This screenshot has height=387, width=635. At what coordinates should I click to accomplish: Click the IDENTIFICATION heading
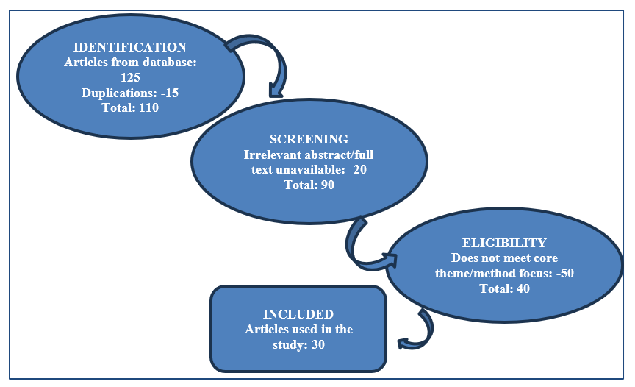[x=130, y=47]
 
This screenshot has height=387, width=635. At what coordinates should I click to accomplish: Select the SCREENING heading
[x=309, y=139]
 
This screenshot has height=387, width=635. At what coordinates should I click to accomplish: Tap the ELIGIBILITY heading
[x=504, y=243]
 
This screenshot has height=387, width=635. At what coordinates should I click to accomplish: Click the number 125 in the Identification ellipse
[x=130, y=77]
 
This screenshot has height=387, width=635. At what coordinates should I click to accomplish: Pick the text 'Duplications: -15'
[x=130, y=93]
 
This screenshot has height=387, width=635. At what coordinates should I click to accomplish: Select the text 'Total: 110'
[x=130, y=107]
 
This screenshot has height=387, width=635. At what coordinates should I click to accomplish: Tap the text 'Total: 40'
[x=504, y=288]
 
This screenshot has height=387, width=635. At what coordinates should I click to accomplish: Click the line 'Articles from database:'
[x=130, y=63]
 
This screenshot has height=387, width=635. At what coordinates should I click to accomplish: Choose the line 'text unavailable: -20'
[x=309, y=169]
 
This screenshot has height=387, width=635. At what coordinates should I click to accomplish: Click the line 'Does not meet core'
[x=504, y=258]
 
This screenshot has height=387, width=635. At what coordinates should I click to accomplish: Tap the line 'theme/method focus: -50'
[x=504, y=273]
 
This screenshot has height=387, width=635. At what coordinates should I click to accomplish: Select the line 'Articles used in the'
[x=298, y=329]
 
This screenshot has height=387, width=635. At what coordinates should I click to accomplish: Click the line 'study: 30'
[x=298, y=344]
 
